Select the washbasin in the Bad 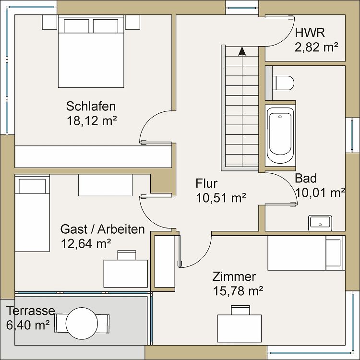320,222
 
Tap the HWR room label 310,33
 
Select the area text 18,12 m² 92,120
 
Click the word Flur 207,183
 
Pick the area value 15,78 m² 238,290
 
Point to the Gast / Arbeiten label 102,229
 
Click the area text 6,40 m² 29,325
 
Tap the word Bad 306,179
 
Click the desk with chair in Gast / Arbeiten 126,271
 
